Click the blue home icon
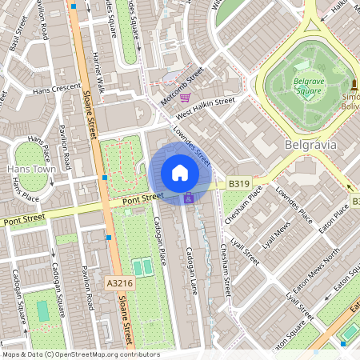click(x=180, y=173)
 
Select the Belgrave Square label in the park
click(x=305, y=86)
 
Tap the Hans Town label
click(x=30, y=170)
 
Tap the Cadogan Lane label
click(x=191, y=264)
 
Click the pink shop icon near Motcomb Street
click(x=185, y=98)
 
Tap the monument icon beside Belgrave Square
click(x=353, y=84)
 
